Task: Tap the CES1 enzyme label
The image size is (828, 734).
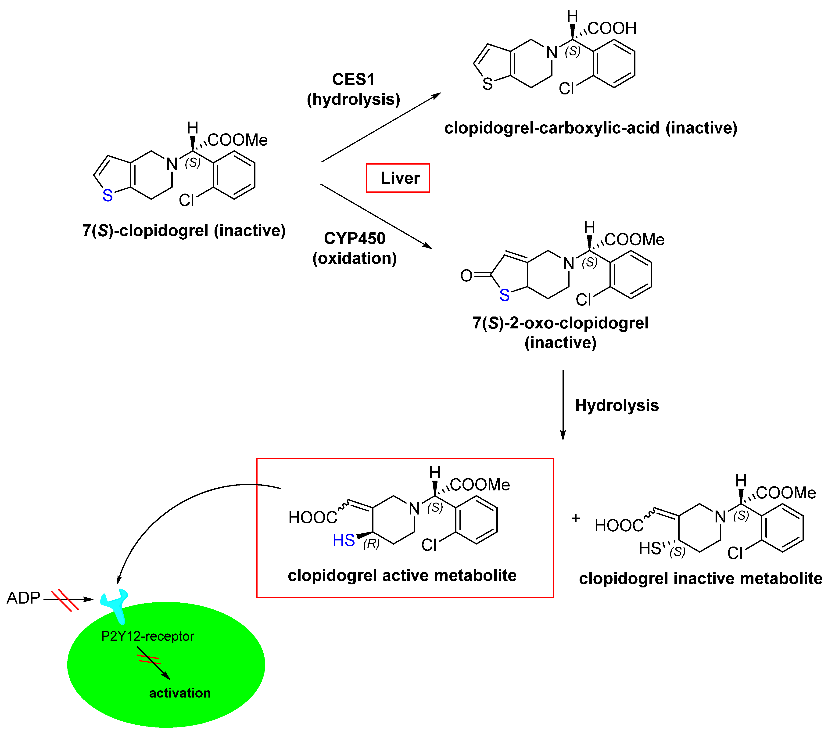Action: [353, 79]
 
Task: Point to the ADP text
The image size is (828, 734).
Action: [24, 598]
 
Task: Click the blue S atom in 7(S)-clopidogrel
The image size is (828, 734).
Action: [107, 196]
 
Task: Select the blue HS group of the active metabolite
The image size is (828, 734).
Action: [344, 540]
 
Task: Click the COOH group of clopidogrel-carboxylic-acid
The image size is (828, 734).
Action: [612, 28]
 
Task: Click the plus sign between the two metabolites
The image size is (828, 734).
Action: [576, 518]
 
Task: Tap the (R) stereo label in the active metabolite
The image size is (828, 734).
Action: [371, 544]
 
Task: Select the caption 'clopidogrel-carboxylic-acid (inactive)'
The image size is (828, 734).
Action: [591, 128]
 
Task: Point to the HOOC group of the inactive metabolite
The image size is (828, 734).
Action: [619, 526]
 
